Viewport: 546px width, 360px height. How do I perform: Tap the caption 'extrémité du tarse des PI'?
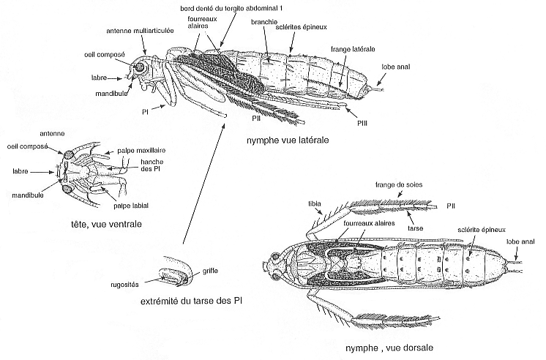(x=192, y=301)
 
